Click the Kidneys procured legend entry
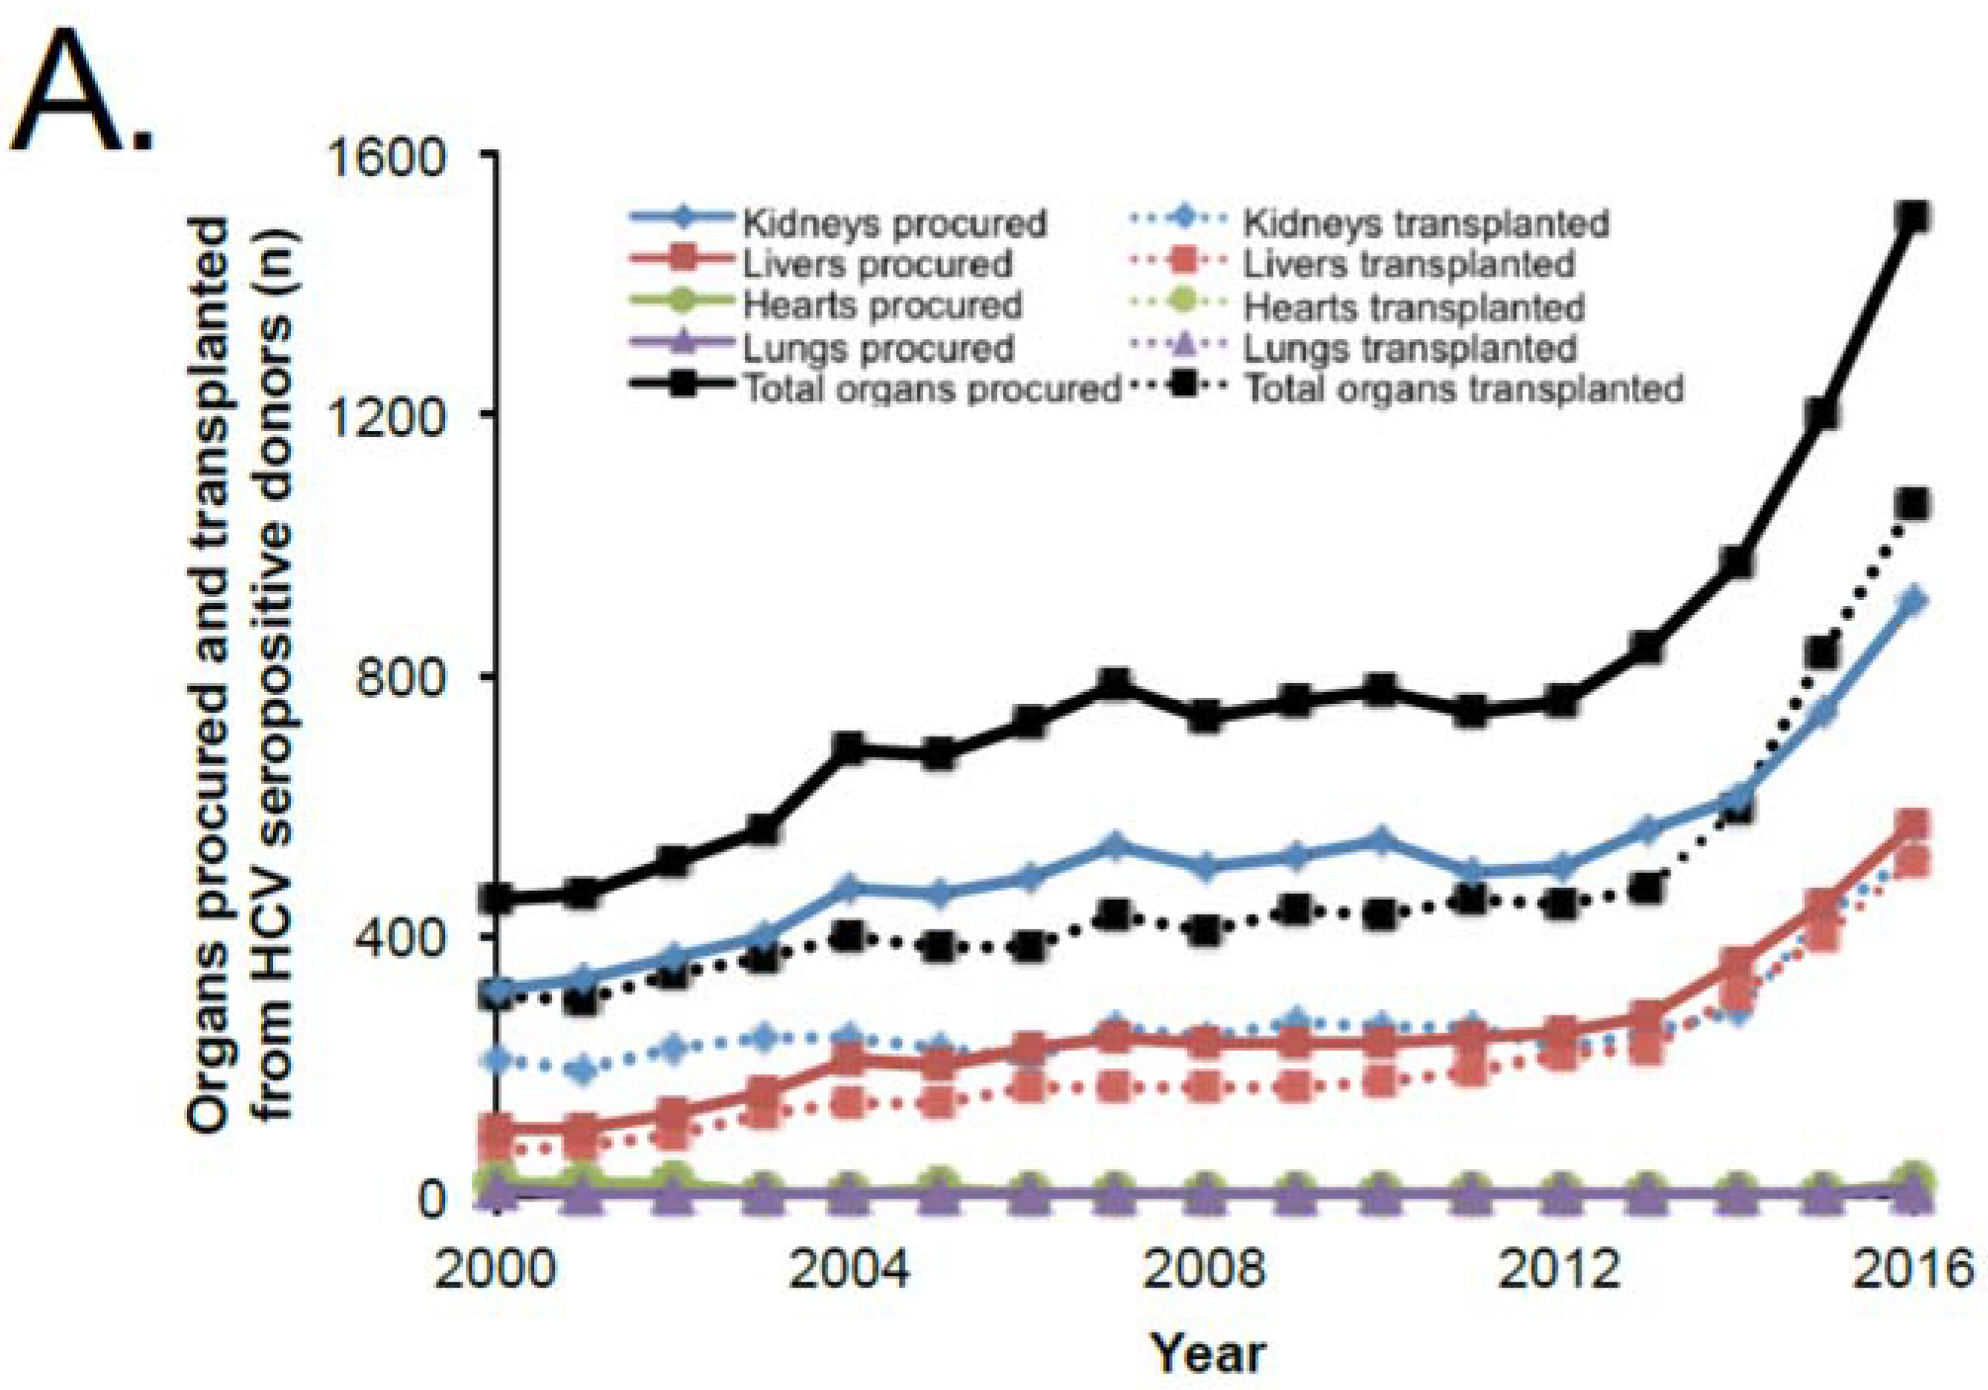tap(894, 223)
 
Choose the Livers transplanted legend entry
tap(1408, 264)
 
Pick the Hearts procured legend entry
tap(881, 306)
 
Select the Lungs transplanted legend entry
tap(1409, 348)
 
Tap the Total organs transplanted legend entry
tap(1464, 389)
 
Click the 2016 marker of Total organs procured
tap(1911, 217)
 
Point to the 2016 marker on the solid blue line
tap(1911, 600)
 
